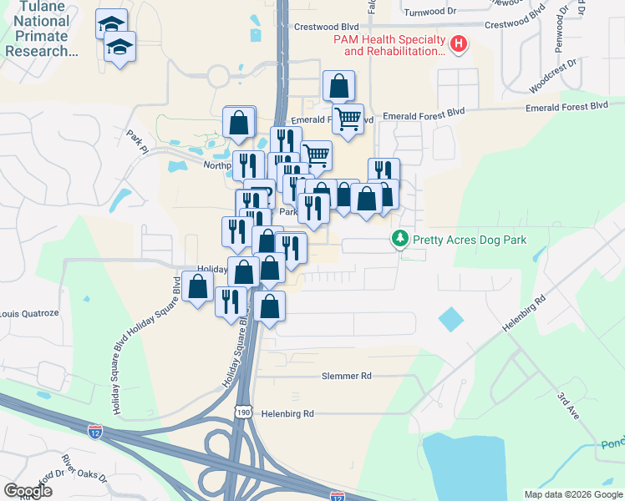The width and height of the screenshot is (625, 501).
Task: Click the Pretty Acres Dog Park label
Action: pos(467,240)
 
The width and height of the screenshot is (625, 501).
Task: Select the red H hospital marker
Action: pos(459,45)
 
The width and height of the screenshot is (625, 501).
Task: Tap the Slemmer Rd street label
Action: pos(347,377)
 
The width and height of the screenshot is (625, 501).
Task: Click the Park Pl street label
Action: pos(136,142)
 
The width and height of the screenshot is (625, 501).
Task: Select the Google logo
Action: pos(28,491)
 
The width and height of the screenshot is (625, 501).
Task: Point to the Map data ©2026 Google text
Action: pos(573,494)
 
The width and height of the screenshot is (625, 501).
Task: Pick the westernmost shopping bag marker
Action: pos(198,289)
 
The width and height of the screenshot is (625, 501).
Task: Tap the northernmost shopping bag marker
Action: pos(338,85)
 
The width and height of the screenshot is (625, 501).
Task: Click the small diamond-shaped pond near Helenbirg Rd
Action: pos(450,319)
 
